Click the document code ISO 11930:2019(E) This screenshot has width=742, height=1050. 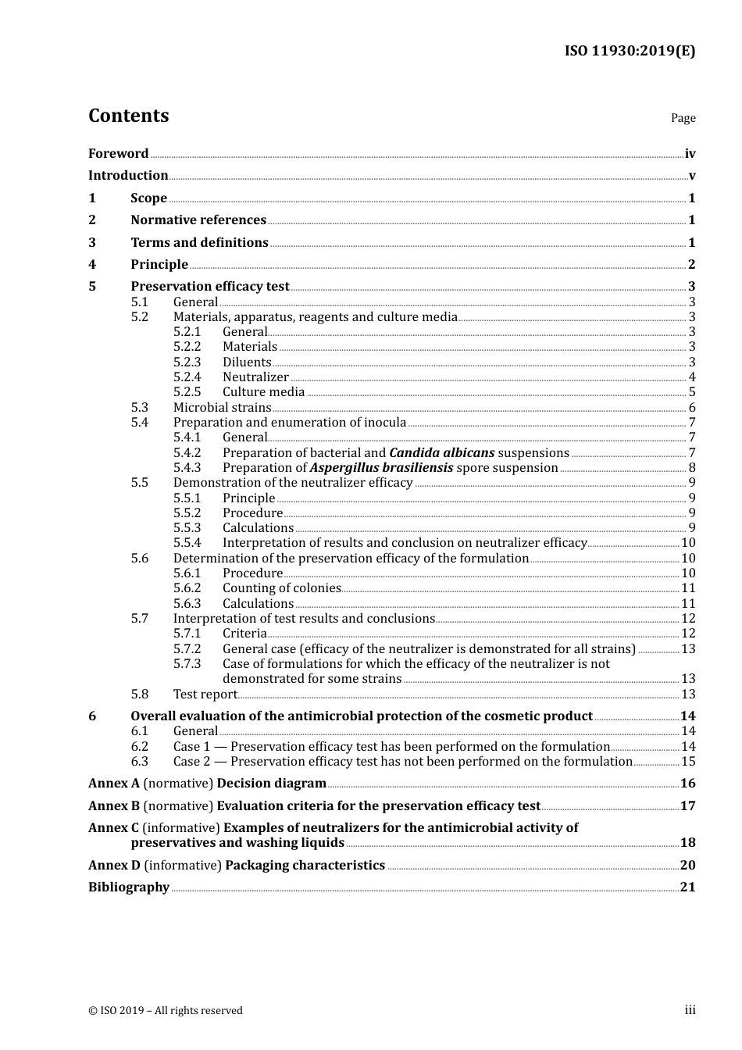(x=630, y=51)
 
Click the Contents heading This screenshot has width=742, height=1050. (x=128, y=116)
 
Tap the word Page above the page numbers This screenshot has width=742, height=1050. (x=683, y=118)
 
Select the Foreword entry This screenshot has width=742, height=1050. (x=118, y=153)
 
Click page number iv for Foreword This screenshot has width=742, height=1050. (x=690, y=154)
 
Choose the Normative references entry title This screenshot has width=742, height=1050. (x=198, y=220)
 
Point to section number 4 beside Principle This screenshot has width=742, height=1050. (x=92, y=265)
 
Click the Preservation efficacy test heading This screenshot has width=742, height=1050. (x=209, y=287)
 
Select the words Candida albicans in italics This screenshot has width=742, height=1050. (x=441, y=453)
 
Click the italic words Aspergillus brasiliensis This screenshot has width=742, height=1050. (x=381, y=468)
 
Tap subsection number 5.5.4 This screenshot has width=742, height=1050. (x=187, y=543)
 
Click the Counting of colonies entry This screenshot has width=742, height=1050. (x=281, y=588)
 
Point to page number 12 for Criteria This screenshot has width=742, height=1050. (x=688, y=634)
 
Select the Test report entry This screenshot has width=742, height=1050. (x=205, y=695)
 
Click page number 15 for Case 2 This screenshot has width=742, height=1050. (x=688, y=762)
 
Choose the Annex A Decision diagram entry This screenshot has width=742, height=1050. (x=207, y=784)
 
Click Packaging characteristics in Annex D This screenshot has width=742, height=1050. (x=305, y=866)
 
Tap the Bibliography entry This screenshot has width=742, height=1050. (x=129, y=887)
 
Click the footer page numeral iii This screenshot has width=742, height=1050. (x=690, y=1010)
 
